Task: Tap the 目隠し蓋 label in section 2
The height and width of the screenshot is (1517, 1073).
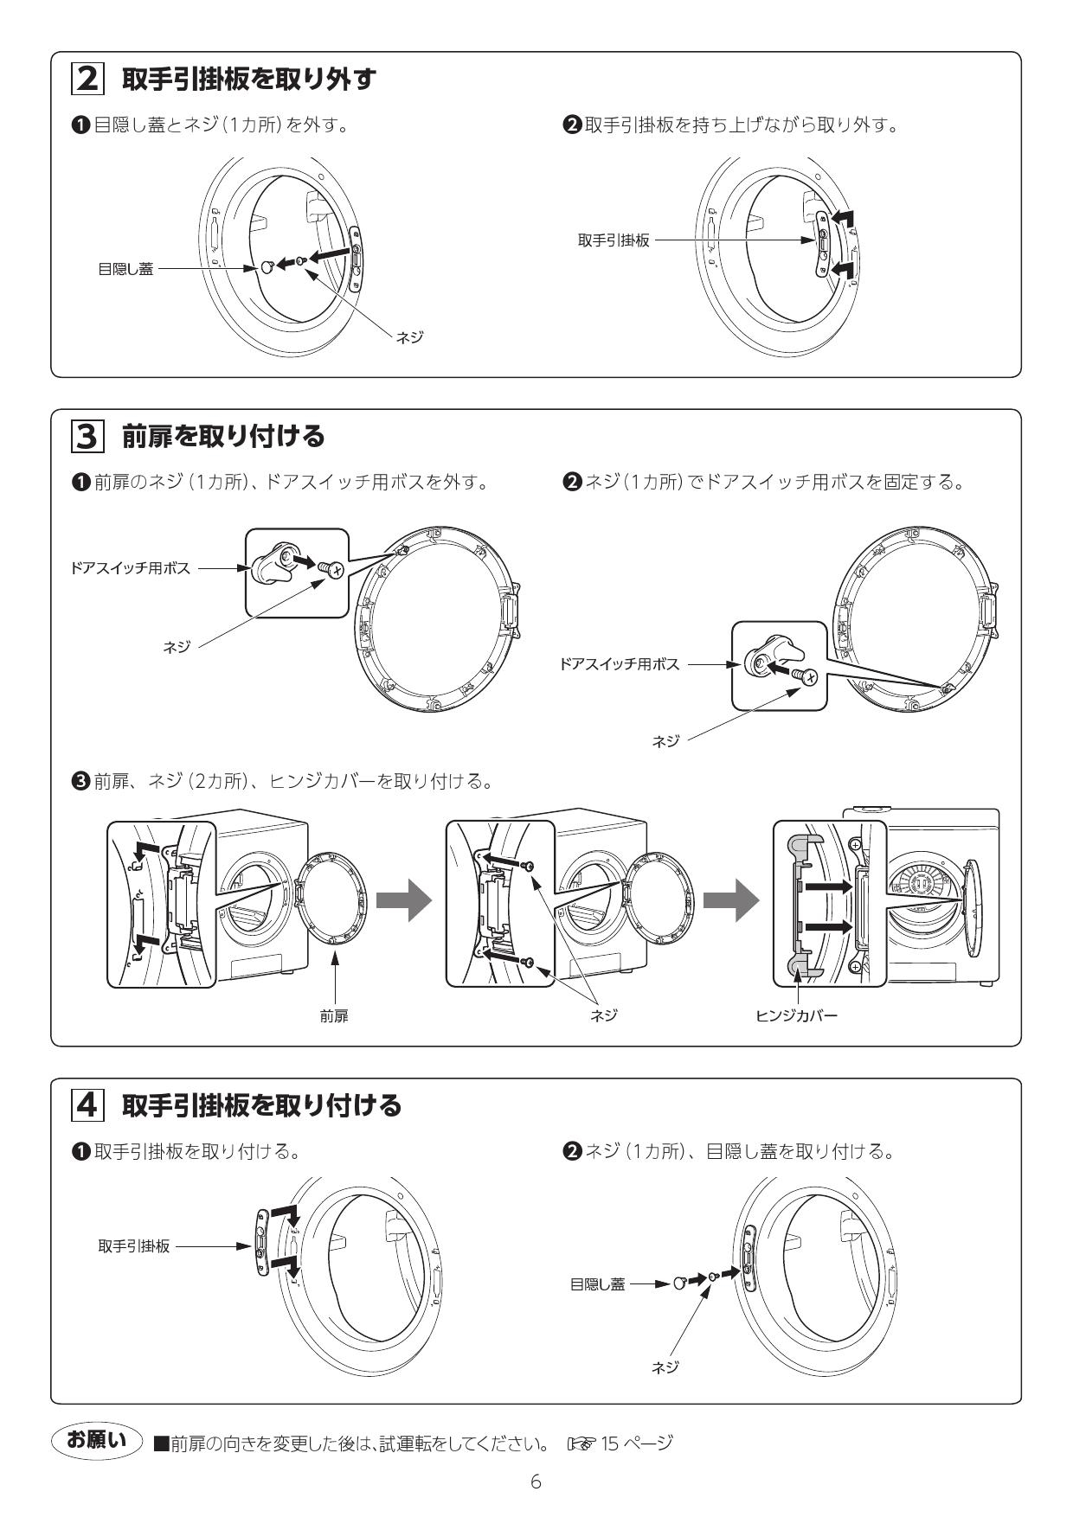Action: coord(125,269)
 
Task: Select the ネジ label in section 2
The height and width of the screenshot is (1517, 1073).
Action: coord(409,337)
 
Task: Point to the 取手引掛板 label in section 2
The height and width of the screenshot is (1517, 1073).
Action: coord(614,240)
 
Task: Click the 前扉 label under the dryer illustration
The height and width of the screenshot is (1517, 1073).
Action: coord(334,1016)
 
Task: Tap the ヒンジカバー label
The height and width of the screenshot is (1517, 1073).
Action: coord(796,1016)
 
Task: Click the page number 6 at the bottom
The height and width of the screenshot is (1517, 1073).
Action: coord(536,1482)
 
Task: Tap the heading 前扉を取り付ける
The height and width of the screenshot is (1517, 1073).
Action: coord(223,437)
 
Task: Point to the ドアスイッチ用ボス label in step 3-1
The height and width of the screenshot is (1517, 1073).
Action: coord(131,568)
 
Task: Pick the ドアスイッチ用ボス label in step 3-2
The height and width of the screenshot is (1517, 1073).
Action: coord(620,664)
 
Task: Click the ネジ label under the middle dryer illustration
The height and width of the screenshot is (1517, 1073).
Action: coord(604,1016)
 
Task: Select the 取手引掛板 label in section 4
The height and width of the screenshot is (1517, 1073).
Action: coord(134,1246)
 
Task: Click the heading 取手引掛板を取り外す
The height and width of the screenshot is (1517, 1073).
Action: coord(249,80)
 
